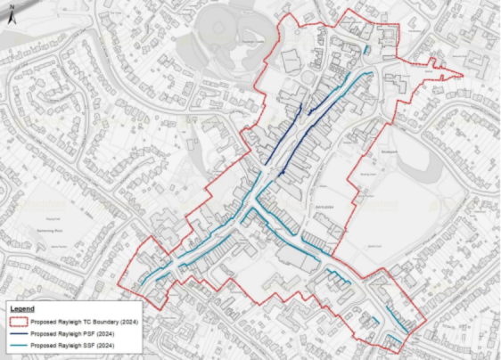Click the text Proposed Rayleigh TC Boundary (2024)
tap(79, 322)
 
